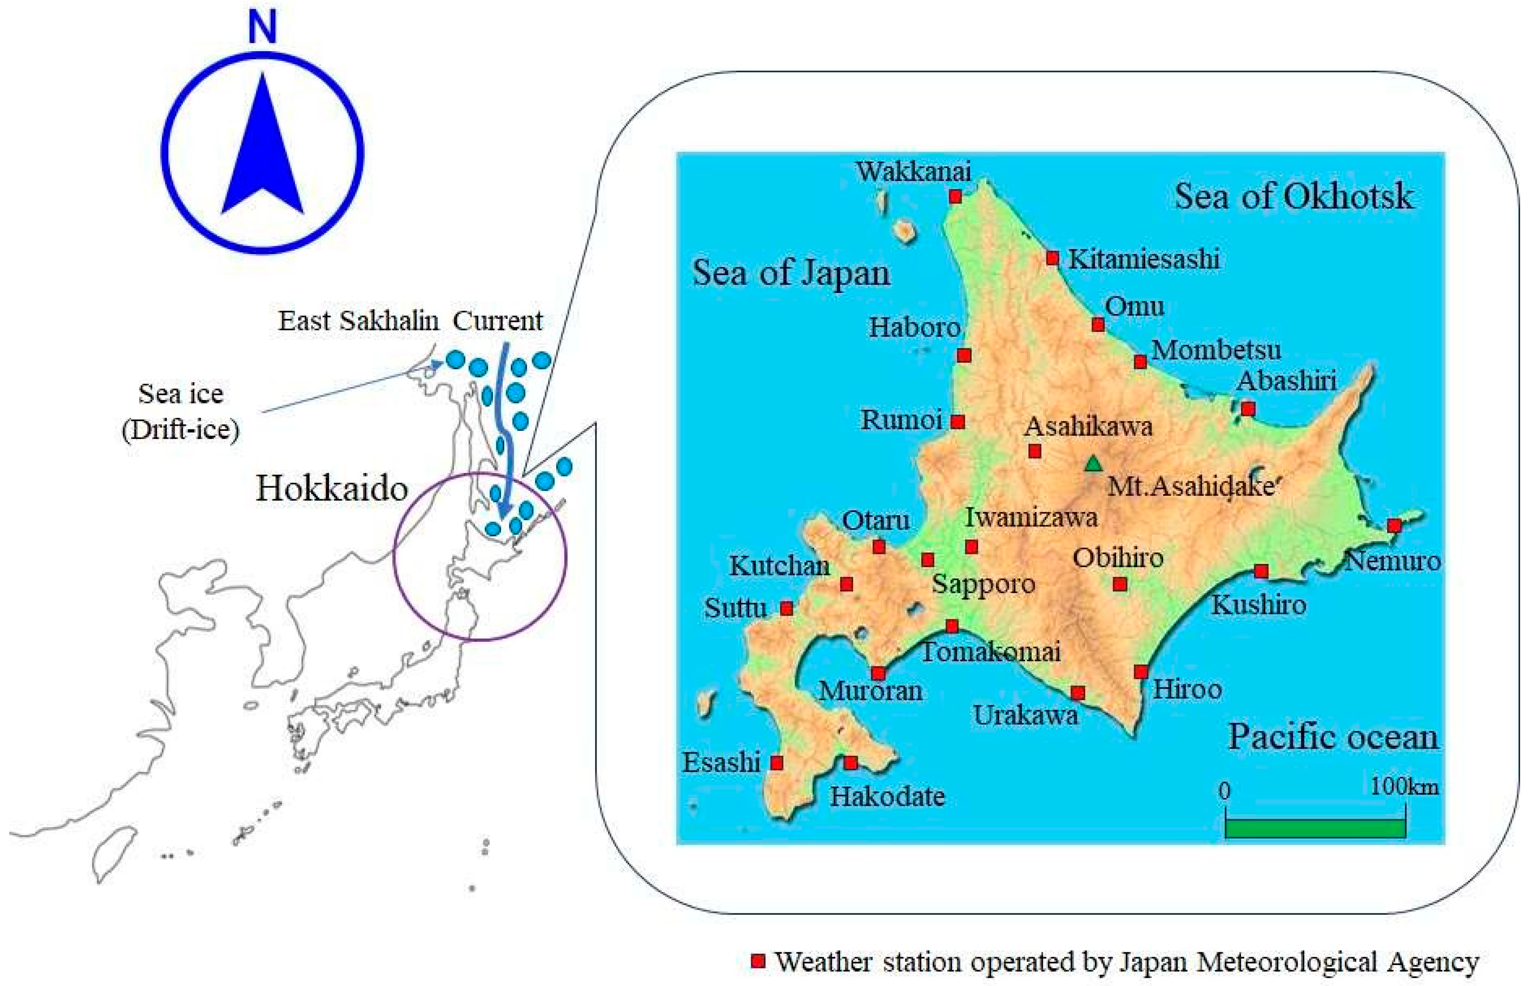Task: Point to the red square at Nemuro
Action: (x=1394, y=526)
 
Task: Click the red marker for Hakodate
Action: (x=850, y=762)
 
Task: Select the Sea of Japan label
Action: (x=791, y=273)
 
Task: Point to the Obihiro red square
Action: (x=1119, y=584)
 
